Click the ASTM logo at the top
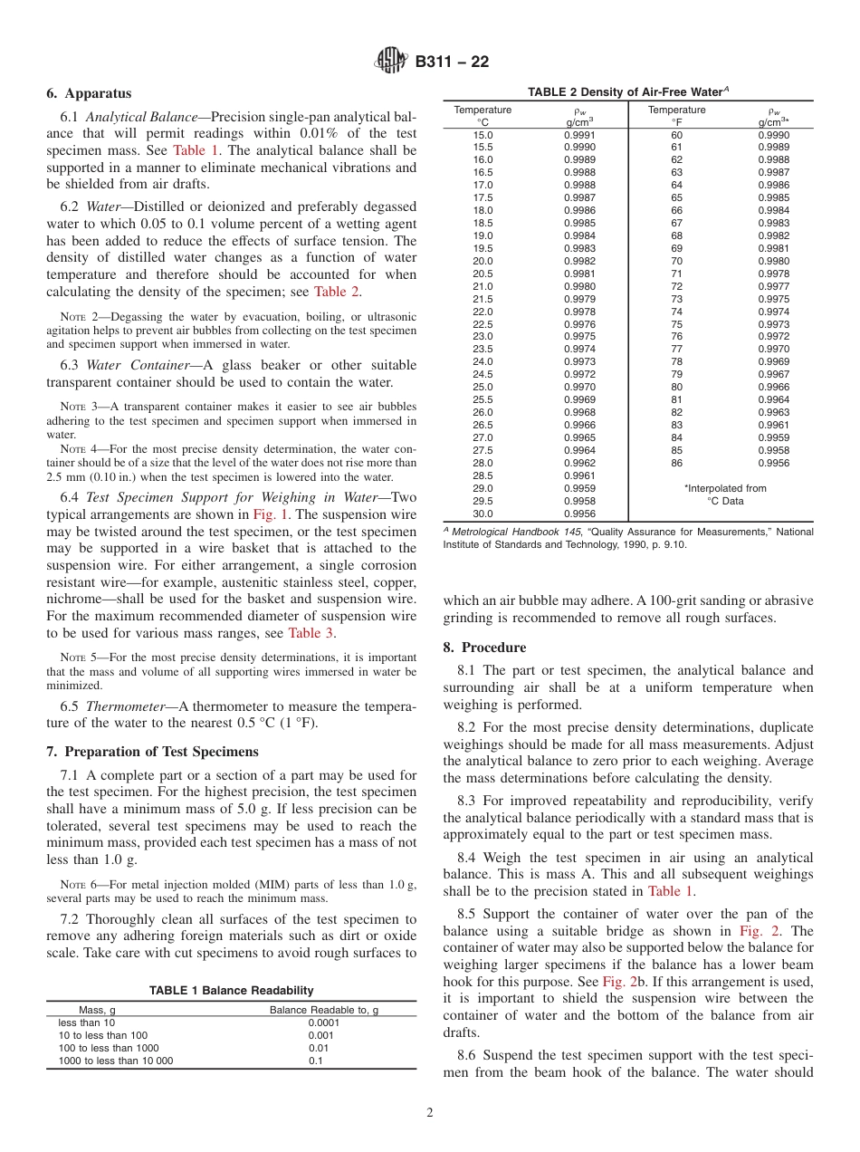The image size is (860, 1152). click(x=391, y=62)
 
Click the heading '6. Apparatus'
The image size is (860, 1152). click(x=89, y=93)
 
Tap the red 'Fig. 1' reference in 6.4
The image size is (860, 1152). click(x=269, y=514)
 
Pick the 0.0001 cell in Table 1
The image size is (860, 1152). click(x=324, y=1022)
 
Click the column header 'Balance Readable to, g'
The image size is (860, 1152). click(x=324, y=1010)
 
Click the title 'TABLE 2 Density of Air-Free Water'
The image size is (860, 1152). click(x=628, y=91)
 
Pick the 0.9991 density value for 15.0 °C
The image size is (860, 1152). click(x=579, y=135)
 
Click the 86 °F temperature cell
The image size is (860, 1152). click(x=676, y=463)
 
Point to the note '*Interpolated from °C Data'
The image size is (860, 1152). click(x=725, y=494)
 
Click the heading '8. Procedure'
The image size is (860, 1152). click(x=484, y=648)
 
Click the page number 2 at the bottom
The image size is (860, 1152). click(x=430, y=1113)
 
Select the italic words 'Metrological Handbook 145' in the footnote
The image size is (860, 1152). click(x=511, y=532)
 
